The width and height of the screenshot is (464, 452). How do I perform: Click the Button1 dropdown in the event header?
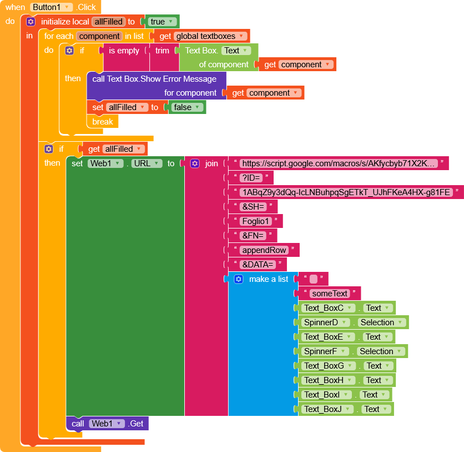pos(52,7)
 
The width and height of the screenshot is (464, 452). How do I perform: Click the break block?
pos(103,122)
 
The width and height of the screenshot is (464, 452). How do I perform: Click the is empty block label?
pos(124,51)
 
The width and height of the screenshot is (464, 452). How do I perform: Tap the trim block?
pos(162,51)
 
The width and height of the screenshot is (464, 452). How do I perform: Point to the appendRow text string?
pos(264,250)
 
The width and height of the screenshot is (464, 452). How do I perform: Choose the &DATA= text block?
pos(258,265)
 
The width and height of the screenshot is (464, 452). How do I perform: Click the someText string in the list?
pos(330,294)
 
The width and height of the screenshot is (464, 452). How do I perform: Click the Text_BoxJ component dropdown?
pos(328,409)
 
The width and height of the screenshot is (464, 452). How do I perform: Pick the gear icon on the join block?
pos(195,163)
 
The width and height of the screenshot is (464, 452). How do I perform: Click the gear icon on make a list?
pos(239,279)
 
